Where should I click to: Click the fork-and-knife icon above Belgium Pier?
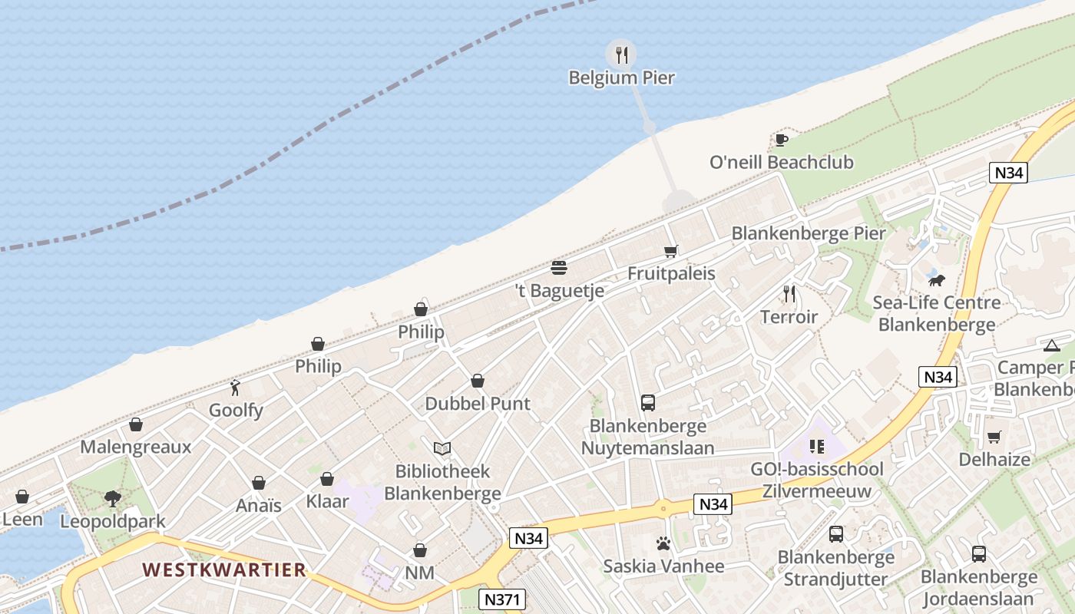621,54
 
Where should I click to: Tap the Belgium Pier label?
621,78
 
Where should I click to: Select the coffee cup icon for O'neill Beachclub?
781,139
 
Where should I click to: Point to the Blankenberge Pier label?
809,233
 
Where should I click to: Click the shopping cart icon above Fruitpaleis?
671,251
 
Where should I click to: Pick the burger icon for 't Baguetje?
559,268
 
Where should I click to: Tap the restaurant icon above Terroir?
789,293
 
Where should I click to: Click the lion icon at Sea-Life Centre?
936,279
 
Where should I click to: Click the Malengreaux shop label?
136,447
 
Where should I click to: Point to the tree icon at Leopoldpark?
113,499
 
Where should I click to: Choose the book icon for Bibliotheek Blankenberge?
442,448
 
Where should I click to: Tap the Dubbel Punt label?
478,404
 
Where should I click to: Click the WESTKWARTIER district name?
224,570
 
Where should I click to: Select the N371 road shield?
500,597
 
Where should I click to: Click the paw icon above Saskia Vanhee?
663,543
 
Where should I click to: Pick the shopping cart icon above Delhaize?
994,437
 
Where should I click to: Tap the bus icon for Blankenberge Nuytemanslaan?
647,402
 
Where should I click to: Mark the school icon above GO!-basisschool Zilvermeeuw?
816,446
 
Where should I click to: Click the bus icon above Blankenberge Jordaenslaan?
978,553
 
